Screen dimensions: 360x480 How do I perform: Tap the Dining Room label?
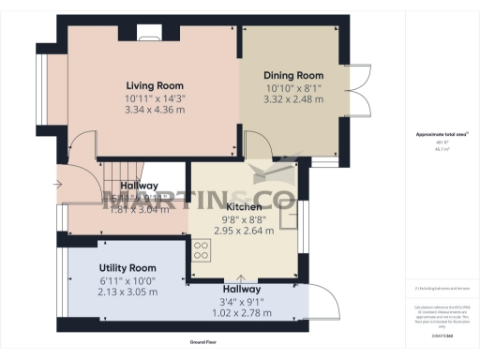(x=293, y=75)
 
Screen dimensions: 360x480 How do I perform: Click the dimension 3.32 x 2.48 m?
(x=293, y=98)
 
